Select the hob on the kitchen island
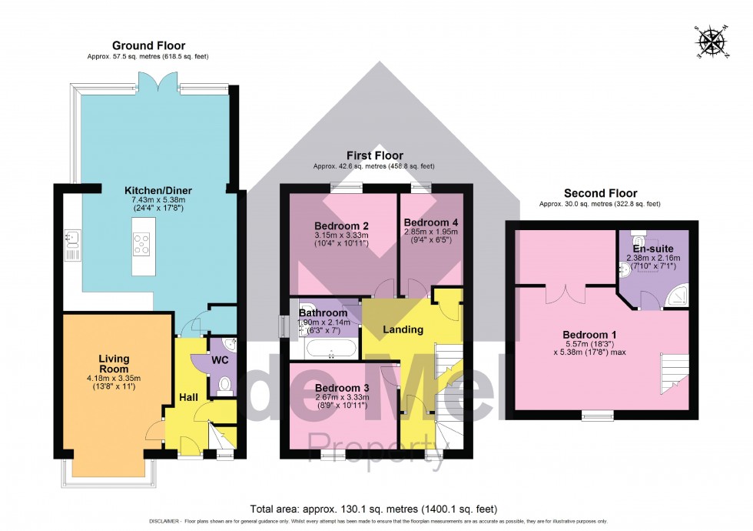(143, 244)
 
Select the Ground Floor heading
(148, 45)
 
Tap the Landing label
(403, 329)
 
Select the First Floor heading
(374, 155)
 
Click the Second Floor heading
(600, 193)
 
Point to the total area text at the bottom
(374, 509)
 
